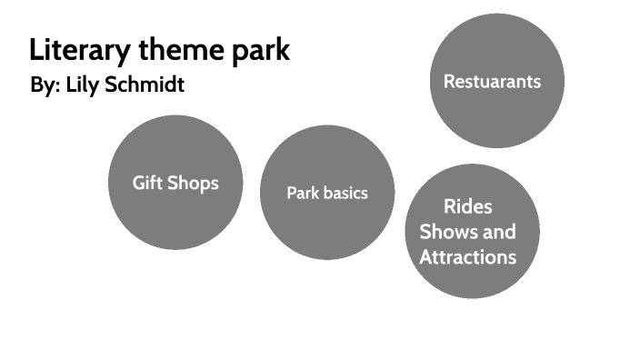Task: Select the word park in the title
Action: click(265, 50)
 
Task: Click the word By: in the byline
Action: click(45, 85)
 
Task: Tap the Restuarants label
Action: click(492, 82)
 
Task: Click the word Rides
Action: click(468, 206)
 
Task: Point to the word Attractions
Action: click(468, 257)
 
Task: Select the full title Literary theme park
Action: click(159, 50)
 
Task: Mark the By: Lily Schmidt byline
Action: click(107, 85)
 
